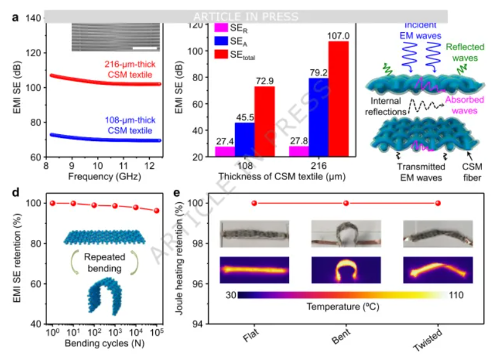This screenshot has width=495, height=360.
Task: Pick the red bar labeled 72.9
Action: [x=265, y=121]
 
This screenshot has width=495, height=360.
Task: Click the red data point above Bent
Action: [x=346, y=203]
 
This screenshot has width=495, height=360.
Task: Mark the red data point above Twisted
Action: [x=438, y=203]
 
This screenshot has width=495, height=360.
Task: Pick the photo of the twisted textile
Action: [x=437, y=236]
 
